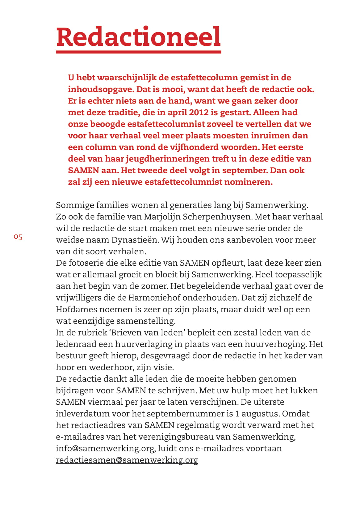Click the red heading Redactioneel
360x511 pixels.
tap(138, 37)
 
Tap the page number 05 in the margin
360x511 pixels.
tap(18, 237)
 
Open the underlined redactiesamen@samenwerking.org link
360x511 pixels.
tap(127, 460)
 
